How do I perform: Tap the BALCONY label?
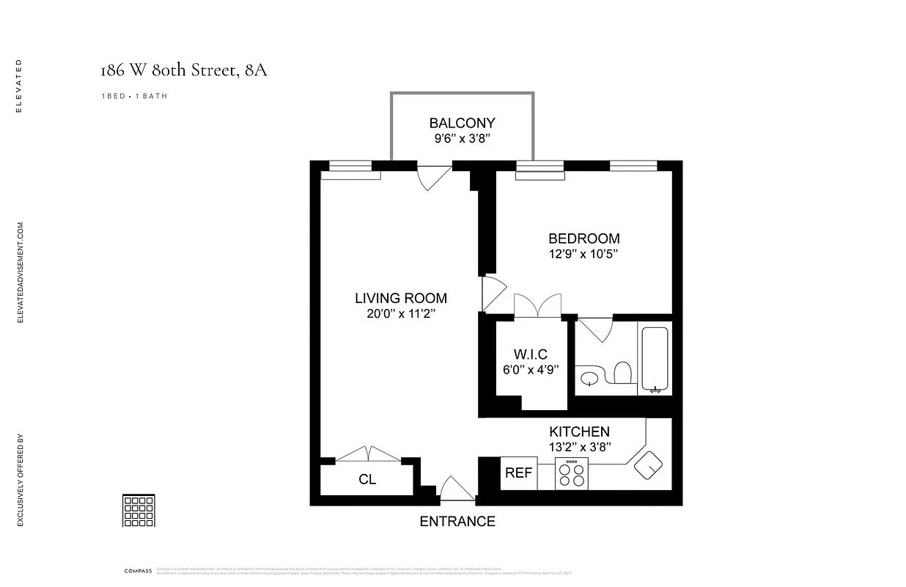pos(462,123)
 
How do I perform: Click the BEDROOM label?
pos(583,238)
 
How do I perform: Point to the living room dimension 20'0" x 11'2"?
pos(400,314)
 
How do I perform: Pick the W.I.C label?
pos(531,354)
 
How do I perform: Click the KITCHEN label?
pos(579,431)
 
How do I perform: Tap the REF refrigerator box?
pos(518,473)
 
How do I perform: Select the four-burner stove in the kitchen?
pos(572,474)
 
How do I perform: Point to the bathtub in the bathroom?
pos(655,359)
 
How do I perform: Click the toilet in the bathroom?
pos(622,372)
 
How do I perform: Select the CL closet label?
pos(367,480)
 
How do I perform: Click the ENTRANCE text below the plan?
pos(457,522)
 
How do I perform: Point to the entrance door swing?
pos(457,489)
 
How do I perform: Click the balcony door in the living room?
pos(433,178)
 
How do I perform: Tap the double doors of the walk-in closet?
pos(537,305)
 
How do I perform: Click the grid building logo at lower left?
pos(138,510)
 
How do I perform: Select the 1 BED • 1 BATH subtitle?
pos(134,96)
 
